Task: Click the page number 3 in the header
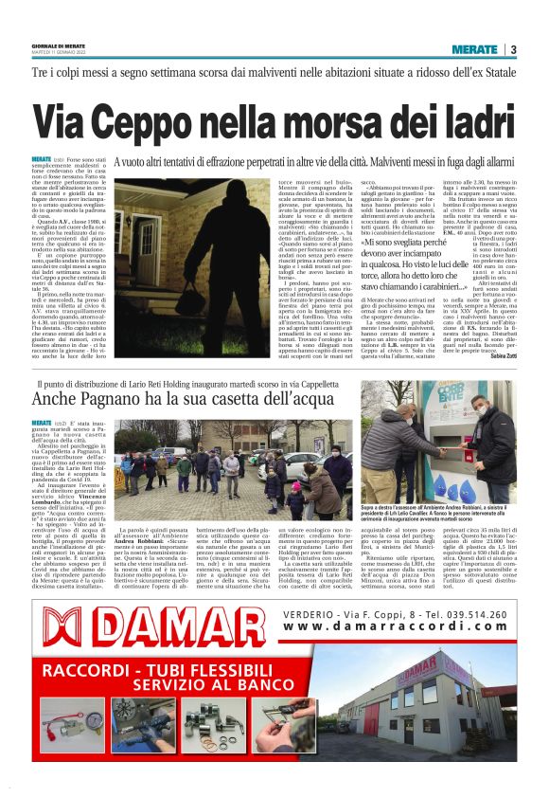coord(512,49)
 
